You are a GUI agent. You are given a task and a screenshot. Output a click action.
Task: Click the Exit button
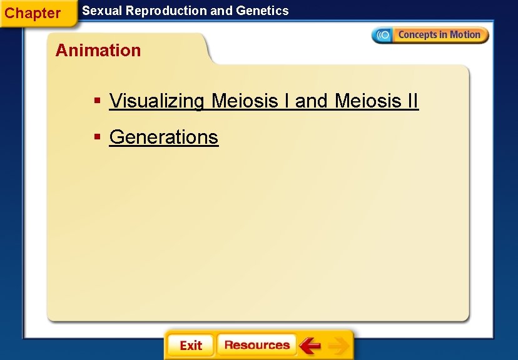pos(190,346)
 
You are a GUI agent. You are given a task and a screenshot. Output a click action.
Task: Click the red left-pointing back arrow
pos(310,345)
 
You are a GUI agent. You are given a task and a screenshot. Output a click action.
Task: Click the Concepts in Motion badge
pos(430,35)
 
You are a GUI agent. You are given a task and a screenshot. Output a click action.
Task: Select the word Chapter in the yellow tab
pos(33,13)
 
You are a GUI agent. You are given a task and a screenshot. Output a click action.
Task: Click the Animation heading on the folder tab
pos(98,51)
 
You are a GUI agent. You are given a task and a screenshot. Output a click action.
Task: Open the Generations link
pos(163,137)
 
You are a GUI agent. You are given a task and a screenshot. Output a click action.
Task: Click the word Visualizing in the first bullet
pos(156,101)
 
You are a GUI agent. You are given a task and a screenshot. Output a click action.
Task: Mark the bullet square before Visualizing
pos(97,101)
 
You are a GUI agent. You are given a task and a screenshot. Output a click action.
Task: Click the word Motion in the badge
pos(464,35)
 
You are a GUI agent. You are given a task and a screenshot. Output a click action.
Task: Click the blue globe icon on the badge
pos(383,35)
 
